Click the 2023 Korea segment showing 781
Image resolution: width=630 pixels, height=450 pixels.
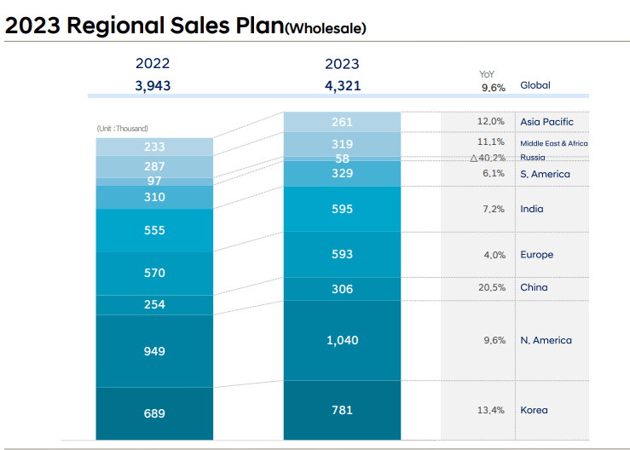click(x=342, y=411)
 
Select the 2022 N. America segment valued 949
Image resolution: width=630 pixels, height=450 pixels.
click(x=154, y=351)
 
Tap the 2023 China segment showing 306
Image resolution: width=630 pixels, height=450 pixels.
click(x=342, y=289)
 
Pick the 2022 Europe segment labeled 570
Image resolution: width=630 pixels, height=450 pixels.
click(x=154, y=274)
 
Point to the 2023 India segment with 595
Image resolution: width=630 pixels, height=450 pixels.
click(x=342, y=209)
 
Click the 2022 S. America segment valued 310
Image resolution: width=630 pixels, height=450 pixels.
click(x=154, y=197)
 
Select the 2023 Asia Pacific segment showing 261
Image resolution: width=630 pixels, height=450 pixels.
click(x=342, y=122)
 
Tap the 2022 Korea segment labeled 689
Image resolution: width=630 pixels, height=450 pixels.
click(x=154, y=413)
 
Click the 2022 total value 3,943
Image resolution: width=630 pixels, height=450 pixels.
click(x=153, y=85)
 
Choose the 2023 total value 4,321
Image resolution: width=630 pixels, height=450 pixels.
click(x=342, y=85)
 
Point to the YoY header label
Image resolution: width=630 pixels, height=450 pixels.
click(x=487, y=74)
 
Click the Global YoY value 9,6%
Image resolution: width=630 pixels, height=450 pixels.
click(x=493, y=86)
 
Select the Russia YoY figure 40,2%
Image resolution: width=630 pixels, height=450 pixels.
click(x=488, y=158)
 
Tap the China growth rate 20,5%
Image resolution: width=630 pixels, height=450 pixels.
click(x=491, y=288)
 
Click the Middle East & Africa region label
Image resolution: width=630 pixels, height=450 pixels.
click(x=553, y=143)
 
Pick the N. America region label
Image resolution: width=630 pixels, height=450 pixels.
click(x=546, y=341)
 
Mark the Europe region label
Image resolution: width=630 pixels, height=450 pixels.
click(x=536, y=255)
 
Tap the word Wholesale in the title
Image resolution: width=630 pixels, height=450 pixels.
click(x=327, y=29)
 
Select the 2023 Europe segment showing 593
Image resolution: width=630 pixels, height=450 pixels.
click(x=342, y=254)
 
